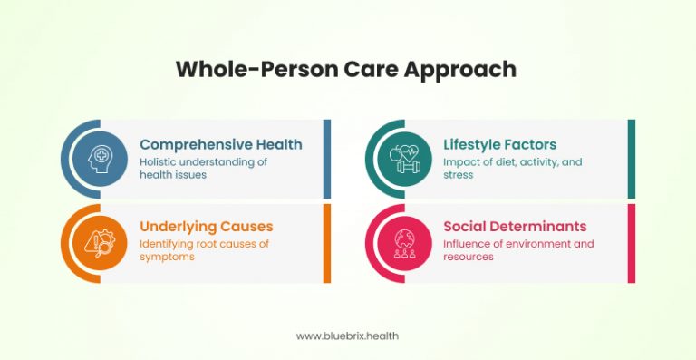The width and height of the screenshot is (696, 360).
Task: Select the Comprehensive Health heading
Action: [220, 144]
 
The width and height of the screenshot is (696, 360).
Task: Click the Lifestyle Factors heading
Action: [499, 144]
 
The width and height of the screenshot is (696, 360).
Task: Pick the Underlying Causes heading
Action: [206, 226]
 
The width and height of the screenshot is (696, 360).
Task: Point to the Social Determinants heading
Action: [515, 226]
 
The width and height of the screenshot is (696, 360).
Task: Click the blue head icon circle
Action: [95, 159]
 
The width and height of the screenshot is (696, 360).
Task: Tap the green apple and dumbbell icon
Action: [400, 159]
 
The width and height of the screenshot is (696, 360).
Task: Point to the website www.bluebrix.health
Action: [347, 336]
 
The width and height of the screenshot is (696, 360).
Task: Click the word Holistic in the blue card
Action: [159, 161]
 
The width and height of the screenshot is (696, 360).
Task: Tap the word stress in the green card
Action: [458, 174]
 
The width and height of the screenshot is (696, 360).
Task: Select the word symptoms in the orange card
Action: [167, 257]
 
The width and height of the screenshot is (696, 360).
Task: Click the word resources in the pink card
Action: [468, 257]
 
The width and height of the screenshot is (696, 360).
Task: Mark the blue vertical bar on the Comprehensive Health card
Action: [327, 159]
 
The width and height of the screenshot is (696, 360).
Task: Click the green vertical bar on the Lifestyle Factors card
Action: [632, 159]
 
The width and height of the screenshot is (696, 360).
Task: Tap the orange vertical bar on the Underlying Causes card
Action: [327, 242]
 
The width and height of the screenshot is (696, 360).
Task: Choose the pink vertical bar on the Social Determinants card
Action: [632, 242]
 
